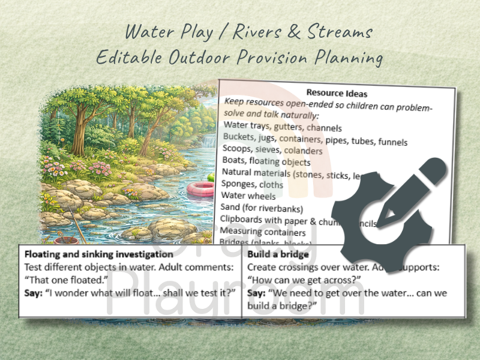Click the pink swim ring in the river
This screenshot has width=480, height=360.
pos(200,188)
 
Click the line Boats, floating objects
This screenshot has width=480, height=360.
pos(266,161)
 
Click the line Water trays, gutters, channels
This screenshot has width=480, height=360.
pos(282,127)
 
